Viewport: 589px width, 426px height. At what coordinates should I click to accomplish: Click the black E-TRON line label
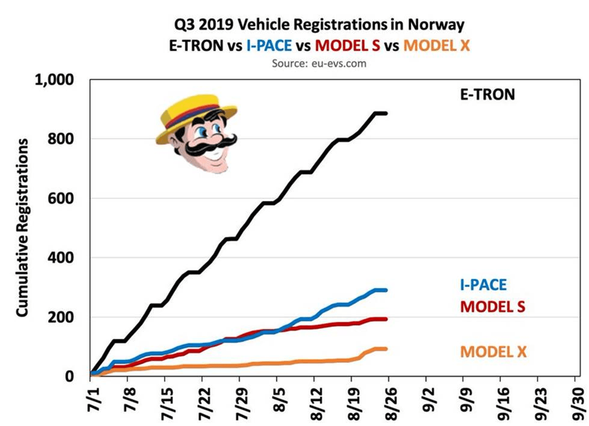click(487, 94)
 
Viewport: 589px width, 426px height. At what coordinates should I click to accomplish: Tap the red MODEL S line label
click(492, 307)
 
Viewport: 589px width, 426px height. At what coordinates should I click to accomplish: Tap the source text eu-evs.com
click(319, 64)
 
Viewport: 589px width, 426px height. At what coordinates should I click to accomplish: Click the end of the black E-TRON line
click(386, 113)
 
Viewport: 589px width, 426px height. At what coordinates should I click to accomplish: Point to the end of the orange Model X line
click(386, 349)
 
